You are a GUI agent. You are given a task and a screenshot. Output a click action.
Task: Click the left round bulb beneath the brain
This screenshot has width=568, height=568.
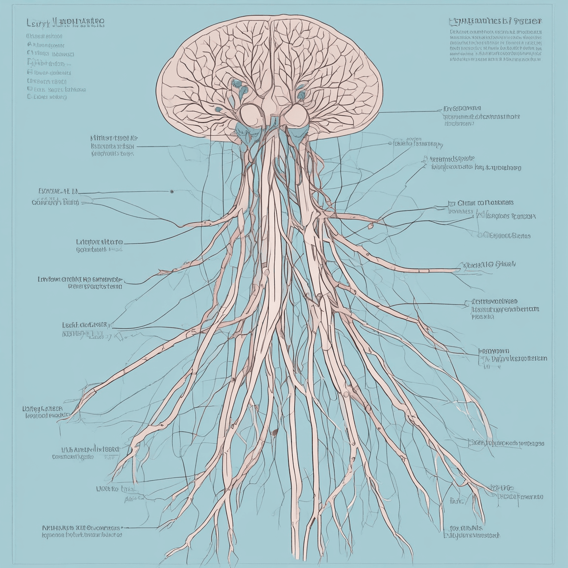(248, 114)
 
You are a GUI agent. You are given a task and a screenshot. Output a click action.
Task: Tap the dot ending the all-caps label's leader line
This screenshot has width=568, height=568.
(172, 192)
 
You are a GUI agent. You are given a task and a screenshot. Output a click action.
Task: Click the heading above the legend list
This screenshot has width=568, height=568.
(65, 22)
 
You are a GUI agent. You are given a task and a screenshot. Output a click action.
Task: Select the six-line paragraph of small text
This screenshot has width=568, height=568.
(496, 45)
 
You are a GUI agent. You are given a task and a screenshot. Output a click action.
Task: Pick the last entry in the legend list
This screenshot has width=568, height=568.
(47, 97)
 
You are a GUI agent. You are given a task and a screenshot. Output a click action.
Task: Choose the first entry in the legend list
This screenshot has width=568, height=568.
(44, 36)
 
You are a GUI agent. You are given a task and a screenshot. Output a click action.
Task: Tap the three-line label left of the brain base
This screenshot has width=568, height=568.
(114, 146)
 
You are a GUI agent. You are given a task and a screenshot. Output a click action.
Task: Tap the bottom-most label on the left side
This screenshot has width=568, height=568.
(82, 532)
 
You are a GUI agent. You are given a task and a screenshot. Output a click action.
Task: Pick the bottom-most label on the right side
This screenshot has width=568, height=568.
(473, 532)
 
